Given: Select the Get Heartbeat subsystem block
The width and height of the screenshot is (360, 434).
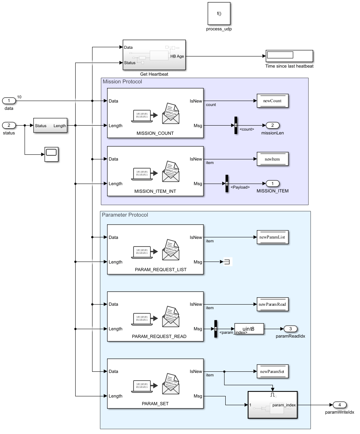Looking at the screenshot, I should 154,55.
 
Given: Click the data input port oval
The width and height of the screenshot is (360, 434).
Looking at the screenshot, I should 9,101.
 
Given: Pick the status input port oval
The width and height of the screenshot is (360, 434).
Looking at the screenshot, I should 9,125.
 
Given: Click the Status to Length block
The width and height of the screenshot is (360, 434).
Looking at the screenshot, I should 50,126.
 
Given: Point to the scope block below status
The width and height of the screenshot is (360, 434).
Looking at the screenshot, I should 51,154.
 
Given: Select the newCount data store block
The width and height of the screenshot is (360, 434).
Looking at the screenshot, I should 272,101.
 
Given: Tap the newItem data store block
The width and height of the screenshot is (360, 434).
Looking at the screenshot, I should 272,159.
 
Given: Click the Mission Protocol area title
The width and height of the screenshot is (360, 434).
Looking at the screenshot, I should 122,81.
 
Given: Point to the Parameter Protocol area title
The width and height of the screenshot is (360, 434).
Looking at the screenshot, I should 125,215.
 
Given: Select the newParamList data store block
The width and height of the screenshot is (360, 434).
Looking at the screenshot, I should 272,238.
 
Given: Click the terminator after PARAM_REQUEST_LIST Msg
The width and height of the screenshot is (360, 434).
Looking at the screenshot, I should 226,262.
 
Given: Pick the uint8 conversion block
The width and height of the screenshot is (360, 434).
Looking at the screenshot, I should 249,329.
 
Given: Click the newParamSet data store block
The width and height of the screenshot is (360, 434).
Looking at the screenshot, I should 272,371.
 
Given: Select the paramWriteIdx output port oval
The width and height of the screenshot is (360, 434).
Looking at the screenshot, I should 340,405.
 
